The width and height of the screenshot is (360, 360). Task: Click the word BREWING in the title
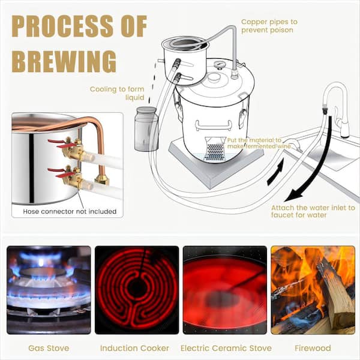click(x=64, y=62)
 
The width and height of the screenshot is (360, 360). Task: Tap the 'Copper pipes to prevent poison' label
click(x=269, y=26)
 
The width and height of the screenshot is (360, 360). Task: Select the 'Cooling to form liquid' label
click(x=117, y=93)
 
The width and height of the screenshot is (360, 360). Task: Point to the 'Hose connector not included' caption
click(x=70, y=211)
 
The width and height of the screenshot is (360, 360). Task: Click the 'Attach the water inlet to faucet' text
click(x=313, y=211)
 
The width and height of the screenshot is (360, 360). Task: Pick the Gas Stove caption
click(x=49, y=348)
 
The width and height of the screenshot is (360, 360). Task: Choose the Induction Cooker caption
click(x=134, y=348)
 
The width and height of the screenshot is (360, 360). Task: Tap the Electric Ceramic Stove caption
click(x=226, y=348)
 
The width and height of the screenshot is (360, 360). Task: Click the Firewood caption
click(x=313, y=348)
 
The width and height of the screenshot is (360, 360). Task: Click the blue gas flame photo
click(x=49, y=290)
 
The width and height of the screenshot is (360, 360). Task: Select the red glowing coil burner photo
click(x=137, y=290)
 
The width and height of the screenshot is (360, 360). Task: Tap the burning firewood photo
click(x=313, y=290)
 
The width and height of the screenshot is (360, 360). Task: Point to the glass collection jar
click(x=146, y=129)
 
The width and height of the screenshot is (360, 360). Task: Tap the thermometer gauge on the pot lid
click(x=219, y=65)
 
